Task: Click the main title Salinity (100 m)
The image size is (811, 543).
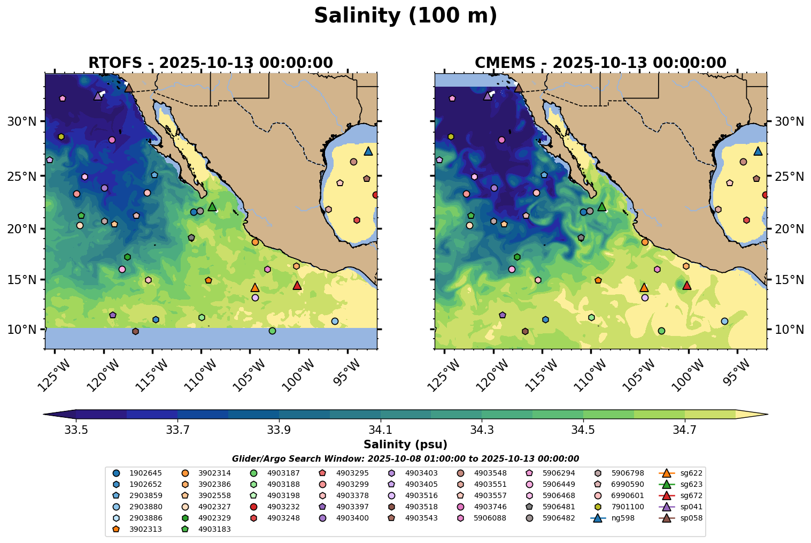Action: (x=405, y=16)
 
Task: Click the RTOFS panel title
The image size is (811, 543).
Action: (x=211, y=63)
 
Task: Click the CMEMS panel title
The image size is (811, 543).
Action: (x=600, y=63)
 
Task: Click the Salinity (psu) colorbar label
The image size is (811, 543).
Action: (x=405, y=445)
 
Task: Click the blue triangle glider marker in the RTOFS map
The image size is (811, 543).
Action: (x=368, y=151)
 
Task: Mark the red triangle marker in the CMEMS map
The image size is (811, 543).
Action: (x=687, y=286)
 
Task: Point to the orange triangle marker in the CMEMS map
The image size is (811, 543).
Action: (x=644, y=288)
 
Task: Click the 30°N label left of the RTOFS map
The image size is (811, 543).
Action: (x=21, y=121)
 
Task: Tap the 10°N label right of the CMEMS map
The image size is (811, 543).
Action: (x=789, y=329)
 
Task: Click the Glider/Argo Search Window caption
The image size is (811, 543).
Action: (x=405, y=458)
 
